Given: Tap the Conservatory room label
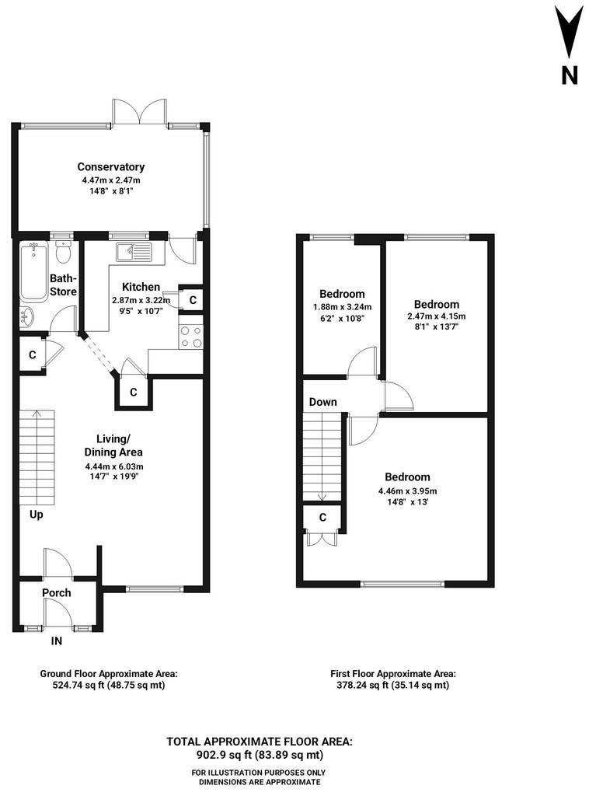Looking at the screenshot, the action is tap(110, 166).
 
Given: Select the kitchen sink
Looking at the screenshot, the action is tap(134, 253).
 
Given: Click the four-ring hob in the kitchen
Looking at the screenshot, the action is tap(190, 337).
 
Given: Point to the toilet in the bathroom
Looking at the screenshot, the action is tap(63, 252).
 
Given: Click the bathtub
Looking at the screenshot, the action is tap(33, 271).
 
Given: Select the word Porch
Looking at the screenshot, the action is tap(57, 592).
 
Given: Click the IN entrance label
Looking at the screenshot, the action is tap(57, 641).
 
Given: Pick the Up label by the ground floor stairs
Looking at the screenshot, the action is tap(36, 515).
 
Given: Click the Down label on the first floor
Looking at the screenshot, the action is tap(323, 402).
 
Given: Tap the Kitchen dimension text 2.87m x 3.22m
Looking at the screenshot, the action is tap(141, 300).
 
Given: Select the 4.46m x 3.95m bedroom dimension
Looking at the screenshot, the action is tap(408, 491).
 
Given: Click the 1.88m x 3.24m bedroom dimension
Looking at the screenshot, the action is tap(342, 306).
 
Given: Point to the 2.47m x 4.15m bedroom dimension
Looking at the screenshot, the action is tap(437, 316).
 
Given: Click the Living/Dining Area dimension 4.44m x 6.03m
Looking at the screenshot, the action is tap(113, 466).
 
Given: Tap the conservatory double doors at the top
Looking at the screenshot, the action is tap(140, 111).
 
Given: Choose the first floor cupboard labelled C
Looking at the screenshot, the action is tap(322, 517).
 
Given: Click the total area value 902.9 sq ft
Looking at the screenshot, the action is tap(223, 755).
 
